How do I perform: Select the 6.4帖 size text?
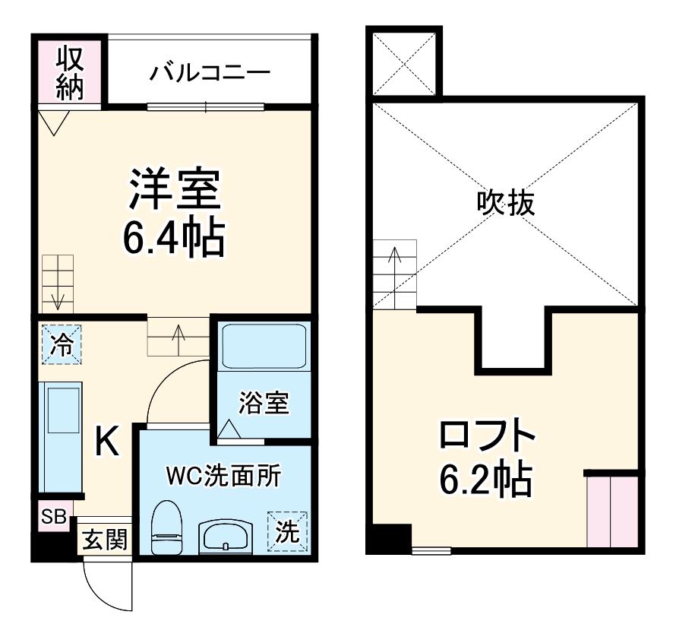click(174, 239)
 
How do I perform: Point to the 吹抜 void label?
click(505, 203)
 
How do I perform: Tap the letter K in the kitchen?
click(106, 442)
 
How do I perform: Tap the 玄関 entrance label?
click(106, 542)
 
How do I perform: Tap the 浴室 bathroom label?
click(264, 404)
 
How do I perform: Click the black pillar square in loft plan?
click(389, 538)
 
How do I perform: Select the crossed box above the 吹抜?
click(403, 63)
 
